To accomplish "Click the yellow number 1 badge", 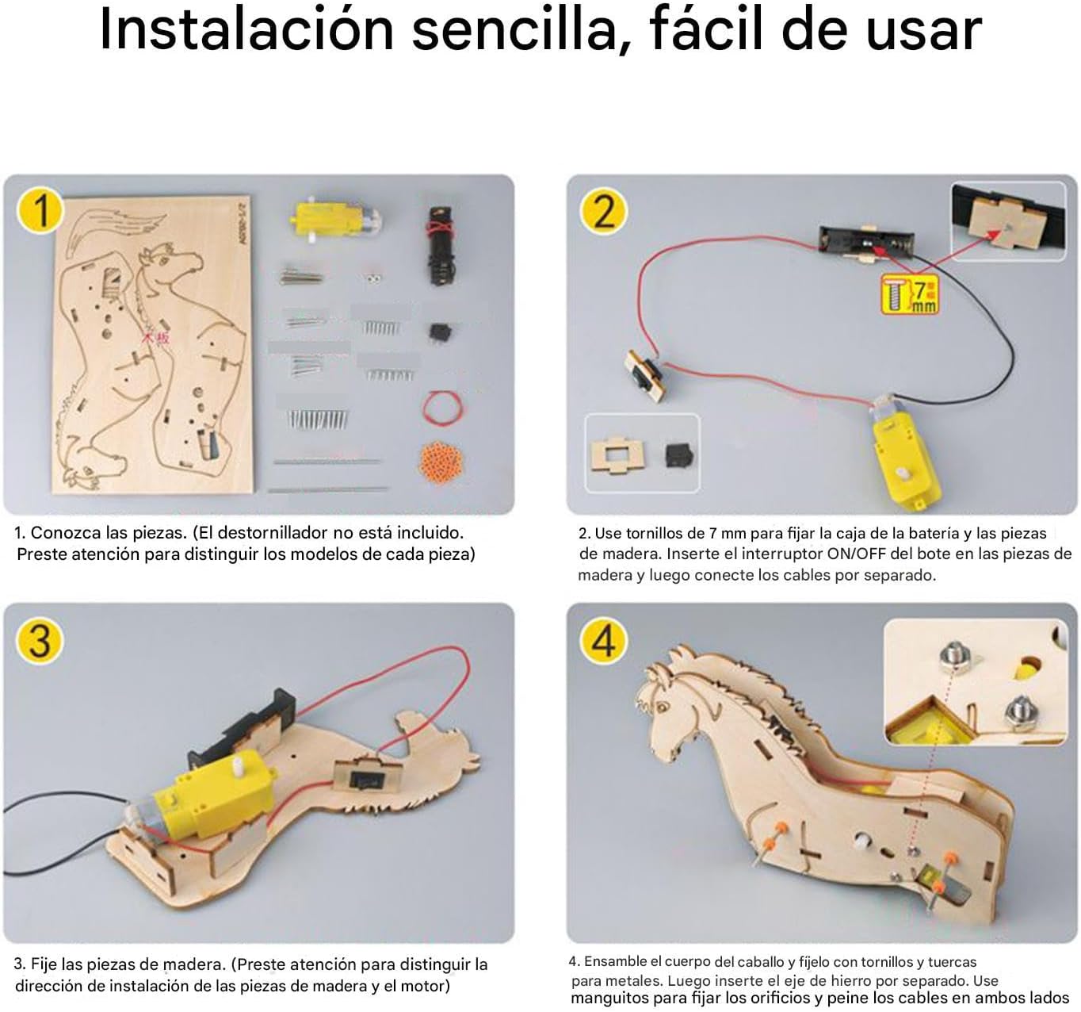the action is [40, 210].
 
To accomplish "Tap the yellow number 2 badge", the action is [603, 212].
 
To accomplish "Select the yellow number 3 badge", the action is [40, 640].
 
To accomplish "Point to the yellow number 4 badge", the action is [603, 640].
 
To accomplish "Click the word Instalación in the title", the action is [246, 29].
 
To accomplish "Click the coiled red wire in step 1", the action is [443, 407].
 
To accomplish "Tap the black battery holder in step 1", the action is [441, 246].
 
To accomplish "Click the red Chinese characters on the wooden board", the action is [155, 338].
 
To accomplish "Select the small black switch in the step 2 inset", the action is [678, 455].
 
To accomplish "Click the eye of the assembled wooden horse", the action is [664, 708].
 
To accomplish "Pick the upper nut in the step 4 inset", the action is [957, 659].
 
